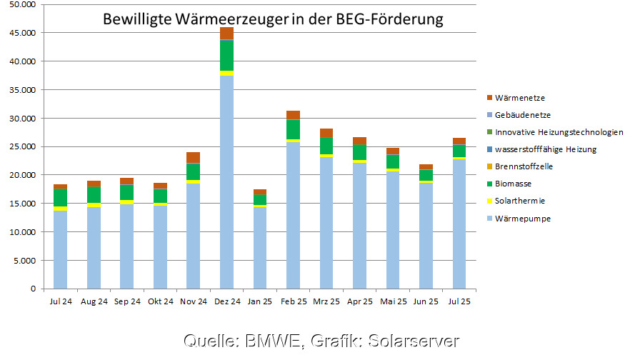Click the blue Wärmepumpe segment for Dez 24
[x=226, y=182]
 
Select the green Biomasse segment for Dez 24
[x=226, y=56]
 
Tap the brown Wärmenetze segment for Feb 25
[x=293, y=115]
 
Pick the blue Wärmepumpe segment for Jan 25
[x=260, y=247]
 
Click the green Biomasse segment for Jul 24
[x=60, y=198]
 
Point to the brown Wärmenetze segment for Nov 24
[x=193, y=157]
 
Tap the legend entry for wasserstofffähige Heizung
[x=545, y=149]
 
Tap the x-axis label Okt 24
[x=160, y=302]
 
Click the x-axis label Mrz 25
[x=326, y=302]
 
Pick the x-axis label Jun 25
[x=426, y=302]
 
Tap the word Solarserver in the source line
[x=417, y=341]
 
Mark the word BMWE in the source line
[x=269, y=341]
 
